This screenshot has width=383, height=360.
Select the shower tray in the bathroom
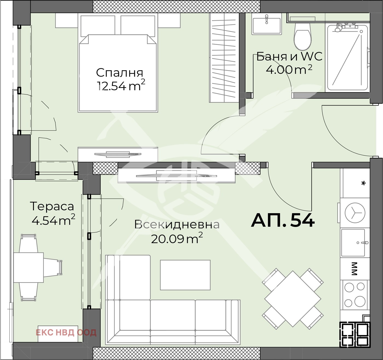(x=347, y=57)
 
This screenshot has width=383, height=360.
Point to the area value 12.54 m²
(x=121, y=85)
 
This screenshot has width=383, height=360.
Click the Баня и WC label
(x=289, y=57)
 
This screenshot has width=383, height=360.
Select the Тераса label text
(x=52, y=207)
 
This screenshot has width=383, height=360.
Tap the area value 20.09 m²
(x=177, y=239)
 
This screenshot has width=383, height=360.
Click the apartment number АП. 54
(x=283, y=221)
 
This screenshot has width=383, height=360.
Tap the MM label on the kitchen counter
(x=355, y=269)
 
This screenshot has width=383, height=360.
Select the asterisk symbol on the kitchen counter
(x=363, y=183)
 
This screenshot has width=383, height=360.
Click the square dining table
(x=292, y=299)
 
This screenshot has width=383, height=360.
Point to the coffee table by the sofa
(x=185, y=275)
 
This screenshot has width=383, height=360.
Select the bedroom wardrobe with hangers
(x=224, y=58)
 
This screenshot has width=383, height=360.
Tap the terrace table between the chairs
(x=28, y=268)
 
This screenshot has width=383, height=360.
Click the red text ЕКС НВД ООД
(x=66, y=332)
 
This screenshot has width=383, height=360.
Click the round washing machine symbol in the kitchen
(x=355, y=213)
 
